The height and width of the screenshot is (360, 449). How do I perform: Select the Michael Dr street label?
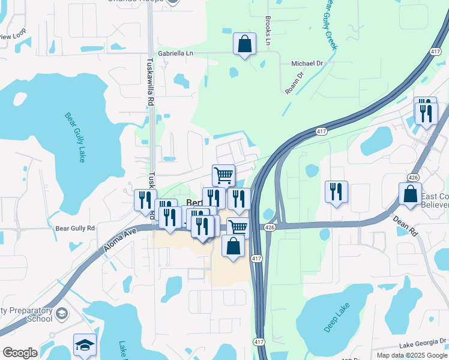point(307,62)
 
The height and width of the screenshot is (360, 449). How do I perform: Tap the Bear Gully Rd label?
point(75,228)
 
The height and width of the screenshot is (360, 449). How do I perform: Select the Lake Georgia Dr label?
point(423,344)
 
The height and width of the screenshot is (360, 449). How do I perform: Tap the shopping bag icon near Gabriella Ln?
point(244,44)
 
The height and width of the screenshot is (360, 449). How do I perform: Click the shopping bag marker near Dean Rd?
point(410,194)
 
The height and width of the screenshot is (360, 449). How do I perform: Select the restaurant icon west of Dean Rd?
point(336,192)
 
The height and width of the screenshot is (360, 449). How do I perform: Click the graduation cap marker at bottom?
point(85,344)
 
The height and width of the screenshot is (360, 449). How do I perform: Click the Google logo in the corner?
point(20,353)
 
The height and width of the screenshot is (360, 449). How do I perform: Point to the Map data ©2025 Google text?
point(411,355)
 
